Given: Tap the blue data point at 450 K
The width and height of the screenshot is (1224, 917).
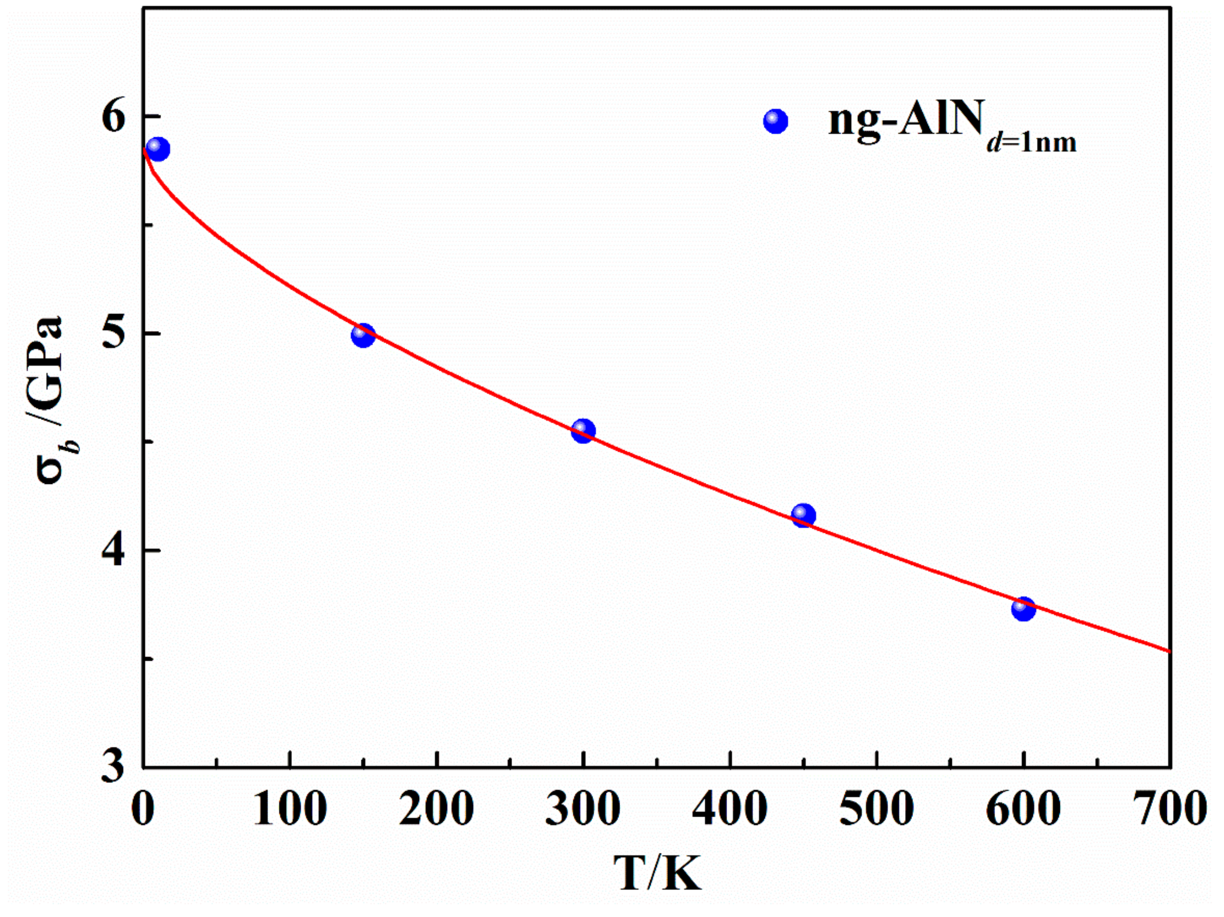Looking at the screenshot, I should tap(804, 516).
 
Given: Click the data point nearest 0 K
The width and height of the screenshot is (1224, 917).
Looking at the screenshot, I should tap(158, 149).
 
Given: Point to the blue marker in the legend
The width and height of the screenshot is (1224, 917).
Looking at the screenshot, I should tap(775, 121).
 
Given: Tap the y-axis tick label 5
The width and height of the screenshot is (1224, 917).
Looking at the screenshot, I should tap(115, 334).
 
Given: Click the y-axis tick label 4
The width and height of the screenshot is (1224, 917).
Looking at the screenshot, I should tap(115, 550).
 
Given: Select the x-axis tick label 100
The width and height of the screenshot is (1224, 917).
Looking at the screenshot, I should tap(290, 809).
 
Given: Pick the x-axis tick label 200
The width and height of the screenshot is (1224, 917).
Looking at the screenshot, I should tap(437, 809).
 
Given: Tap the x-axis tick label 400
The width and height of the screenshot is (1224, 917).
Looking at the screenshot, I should tap(730, 809).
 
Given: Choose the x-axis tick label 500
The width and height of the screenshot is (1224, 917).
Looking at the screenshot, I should tap(876, 809).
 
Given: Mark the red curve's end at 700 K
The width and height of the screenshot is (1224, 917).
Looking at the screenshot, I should tap(1169, 651).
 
